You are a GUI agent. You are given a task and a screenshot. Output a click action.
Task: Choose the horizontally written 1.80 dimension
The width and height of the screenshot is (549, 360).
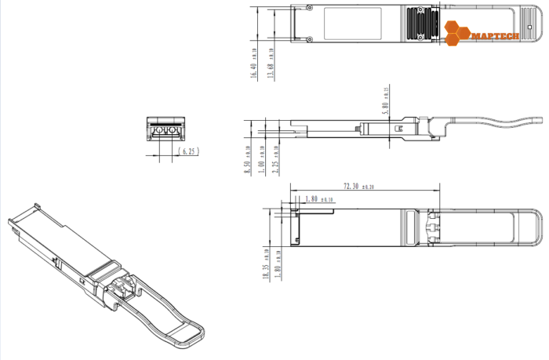pos(312,199)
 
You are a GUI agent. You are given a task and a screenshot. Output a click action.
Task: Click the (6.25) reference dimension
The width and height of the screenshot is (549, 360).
pos(187,151)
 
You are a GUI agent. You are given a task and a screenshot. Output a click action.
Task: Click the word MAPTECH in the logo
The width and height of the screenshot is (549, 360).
pos(492,35)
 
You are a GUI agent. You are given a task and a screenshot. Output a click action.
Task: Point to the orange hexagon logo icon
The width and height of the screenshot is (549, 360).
pos(456,31)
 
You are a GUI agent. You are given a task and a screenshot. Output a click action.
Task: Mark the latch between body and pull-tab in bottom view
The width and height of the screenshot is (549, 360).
pos(431,227)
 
